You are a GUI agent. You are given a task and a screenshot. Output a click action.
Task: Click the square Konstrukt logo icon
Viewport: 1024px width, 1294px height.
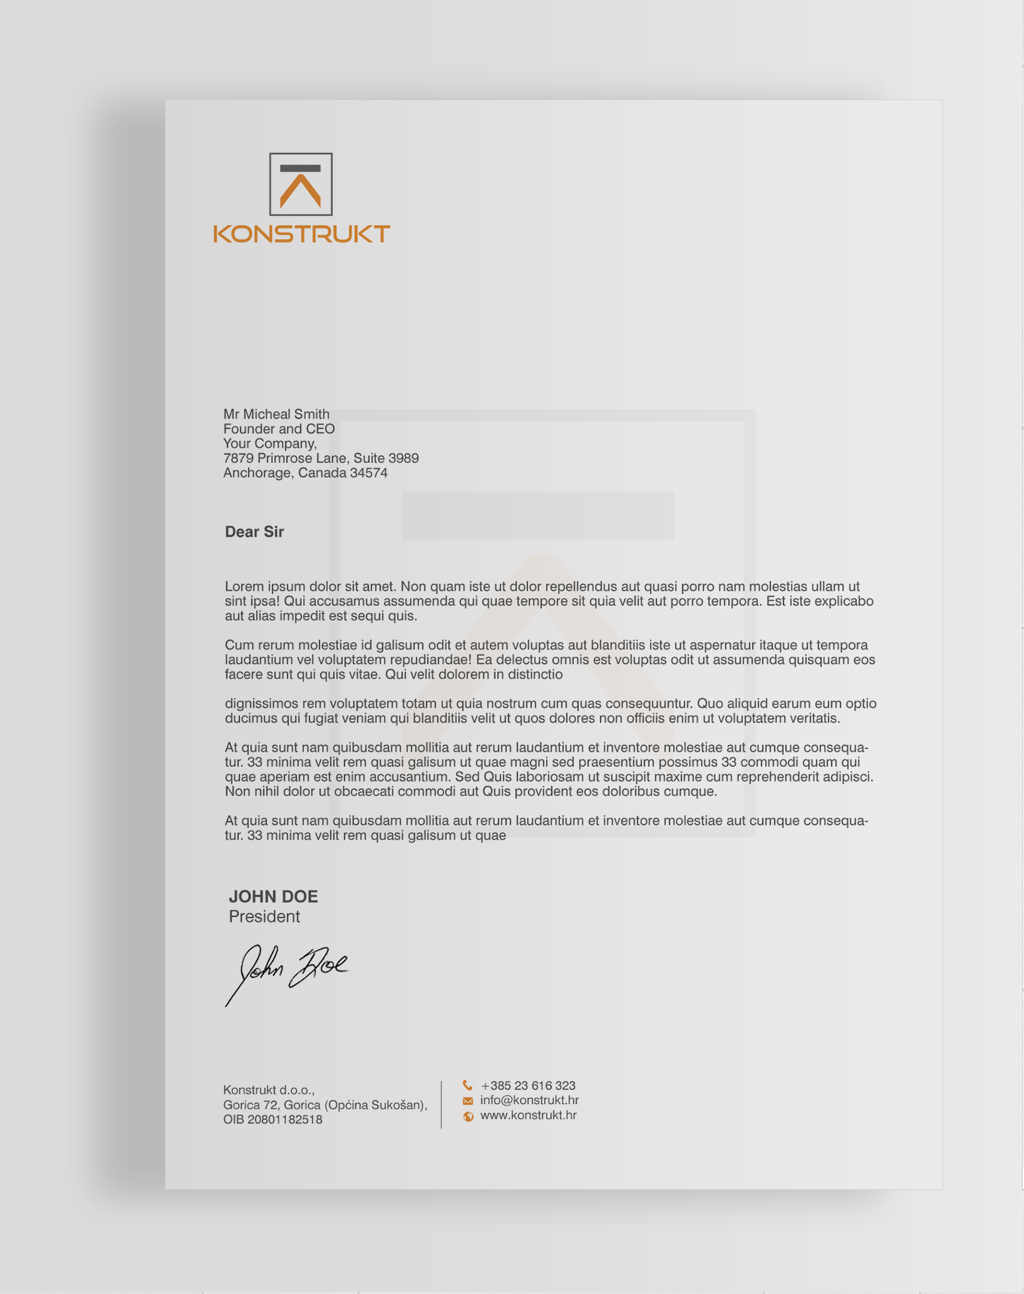pyautogui.click(x=301, y=184)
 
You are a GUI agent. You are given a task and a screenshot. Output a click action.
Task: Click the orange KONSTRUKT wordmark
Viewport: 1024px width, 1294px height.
pyautogui.click(x=301, y=234)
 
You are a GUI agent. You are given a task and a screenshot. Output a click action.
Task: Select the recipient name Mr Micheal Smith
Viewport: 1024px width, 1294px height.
pyautogui.click(x=276, y=414)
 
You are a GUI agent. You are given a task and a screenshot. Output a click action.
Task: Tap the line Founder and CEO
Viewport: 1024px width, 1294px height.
pyautogui.click(x=279, y=429)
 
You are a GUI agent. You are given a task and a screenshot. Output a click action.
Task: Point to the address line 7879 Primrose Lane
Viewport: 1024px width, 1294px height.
pyautogui.click(x=320, y=458)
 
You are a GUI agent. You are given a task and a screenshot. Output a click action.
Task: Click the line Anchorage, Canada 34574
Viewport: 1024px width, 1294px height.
pyautogui.click(x=305, y=473)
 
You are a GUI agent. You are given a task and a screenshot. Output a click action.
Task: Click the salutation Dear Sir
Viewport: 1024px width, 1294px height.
pyautogui.click(x=254, y=532)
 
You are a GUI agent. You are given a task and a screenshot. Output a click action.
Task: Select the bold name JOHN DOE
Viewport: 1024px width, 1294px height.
pyautogui.click(x=273, y=897)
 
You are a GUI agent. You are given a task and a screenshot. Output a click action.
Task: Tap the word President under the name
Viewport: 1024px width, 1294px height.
pyautogui.click(x=264, y=917)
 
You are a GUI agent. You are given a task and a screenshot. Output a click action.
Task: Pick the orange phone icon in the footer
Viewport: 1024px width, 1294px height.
pyautogui.click(x=467, y=1085)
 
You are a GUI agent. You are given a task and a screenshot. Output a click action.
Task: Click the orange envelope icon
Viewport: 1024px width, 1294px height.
pyautogui.click(x=467, y=1101)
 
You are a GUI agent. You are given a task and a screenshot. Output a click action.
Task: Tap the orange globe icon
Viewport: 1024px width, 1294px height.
pyautogui.click(x=468, y=1117)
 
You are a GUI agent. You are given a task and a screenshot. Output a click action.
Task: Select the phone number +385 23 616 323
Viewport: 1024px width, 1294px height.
pyautogui.click(x=528, y=1085)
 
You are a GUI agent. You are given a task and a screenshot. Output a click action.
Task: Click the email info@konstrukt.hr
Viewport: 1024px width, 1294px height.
pyautogui.click(x=530, y=1100)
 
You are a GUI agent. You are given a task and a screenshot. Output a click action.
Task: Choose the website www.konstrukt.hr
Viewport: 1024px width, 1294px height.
pyautogui.click(x=528, y=1115)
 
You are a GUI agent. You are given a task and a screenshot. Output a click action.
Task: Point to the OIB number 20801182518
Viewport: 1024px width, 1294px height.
pyautogui.click(x=273, y=1120)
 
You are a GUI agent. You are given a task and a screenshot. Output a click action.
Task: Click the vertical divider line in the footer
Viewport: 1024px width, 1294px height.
pyautogui.click(x=442, y=1104)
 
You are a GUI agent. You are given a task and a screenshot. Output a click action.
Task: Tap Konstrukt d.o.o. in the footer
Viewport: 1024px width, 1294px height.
pyautogui.click(x=269, y=1090)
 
